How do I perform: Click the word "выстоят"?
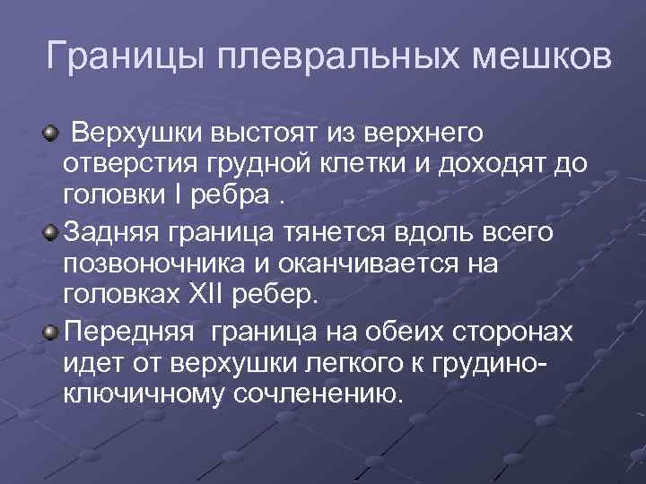coord(258,134)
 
